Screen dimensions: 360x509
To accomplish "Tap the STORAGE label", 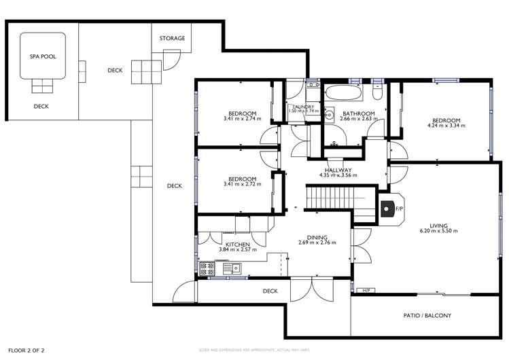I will pos(172,39).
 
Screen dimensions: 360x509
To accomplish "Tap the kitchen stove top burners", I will pos(205,268).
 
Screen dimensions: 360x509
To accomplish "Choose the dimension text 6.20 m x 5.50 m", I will pos(435,232).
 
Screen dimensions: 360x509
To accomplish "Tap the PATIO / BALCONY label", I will pos(428,316).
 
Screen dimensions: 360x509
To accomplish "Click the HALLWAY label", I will pos(338,170).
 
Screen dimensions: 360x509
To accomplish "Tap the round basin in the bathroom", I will pos(330,113).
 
